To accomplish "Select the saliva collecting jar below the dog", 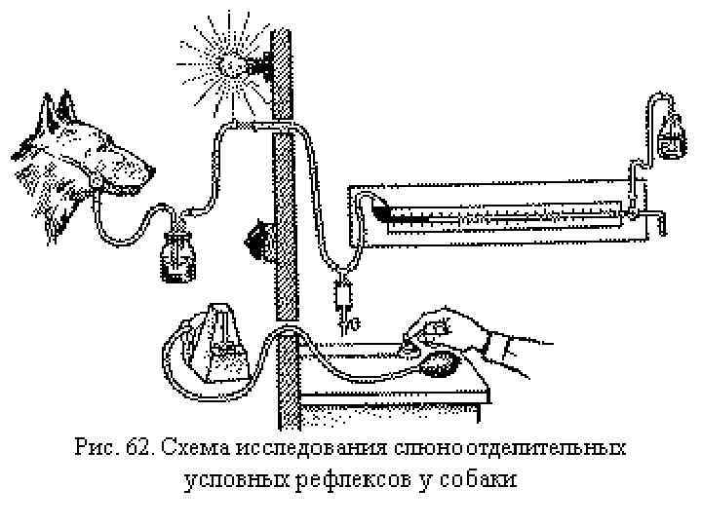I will point(177,261).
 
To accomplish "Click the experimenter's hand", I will point(444,331).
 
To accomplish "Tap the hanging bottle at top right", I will point(670,137).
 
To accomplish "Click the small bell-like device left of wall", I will point(257,238).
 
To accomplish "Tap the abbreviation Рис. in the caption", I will point(95,449).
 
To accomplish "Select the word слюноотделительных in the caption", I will point(508,449).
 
